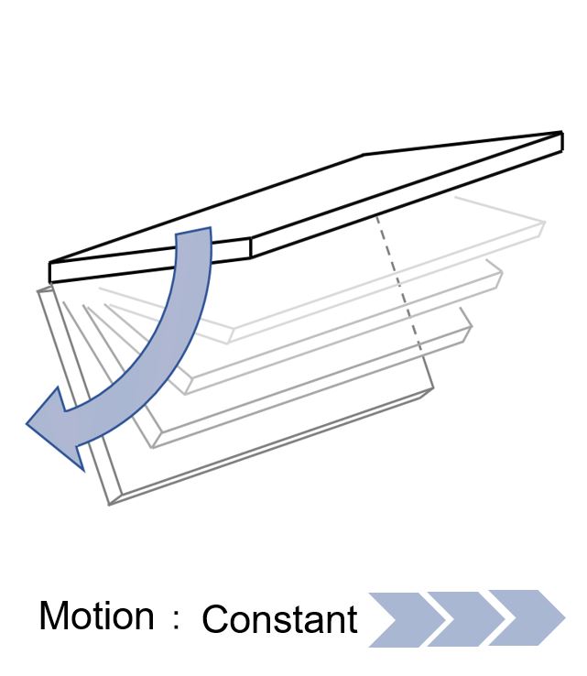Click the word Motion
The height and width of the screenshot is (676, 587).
[x=96, y=616]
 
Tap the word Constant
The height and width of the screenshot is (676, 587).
[x=279, y=619]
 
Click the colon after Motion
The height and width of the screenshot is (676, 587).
[x=176, y=620]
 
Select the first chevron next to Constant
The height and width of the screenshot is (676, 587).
[x=407, y=619]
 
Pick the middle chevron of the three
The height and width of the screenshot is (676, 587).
[x=466, y=619]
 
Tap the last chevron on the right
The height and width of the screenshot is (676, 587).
[x=527, y=617]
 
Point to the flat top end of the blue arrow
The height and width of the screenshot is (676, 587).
[x=193, y=231]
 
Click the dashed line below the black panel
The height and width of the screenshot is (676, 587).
[x=399, y=283]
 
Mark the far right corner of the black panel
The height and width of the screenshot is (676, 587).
[x=562, y=133]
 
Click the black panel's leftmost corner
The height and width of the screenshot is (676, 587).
[x=50, y=263]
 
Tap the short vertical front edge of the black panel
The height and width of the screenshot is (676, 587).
[x=251, y=247]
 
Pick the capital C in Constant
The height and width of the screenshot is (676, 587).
[x=215, y=619]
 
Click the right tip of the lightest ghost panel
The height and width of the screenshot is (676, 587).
[x=545, y=223]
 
